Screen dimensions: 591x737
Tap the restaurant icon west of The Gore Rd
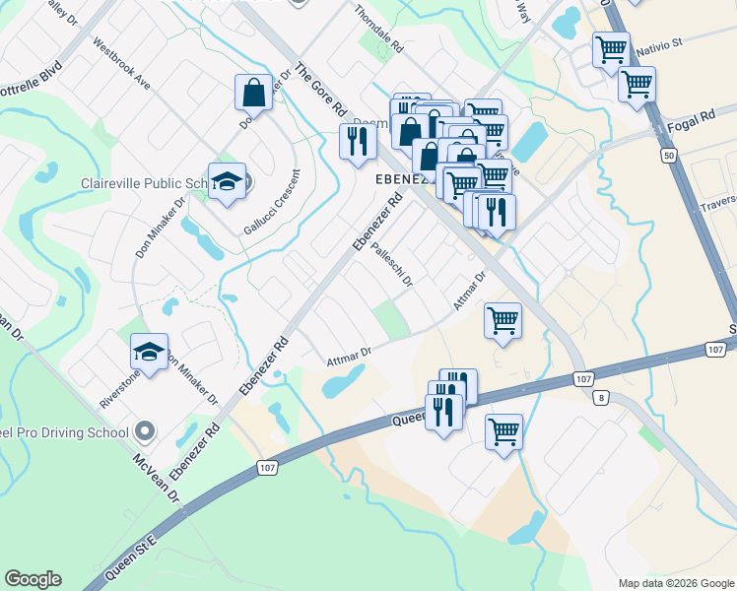[x=356, y=141]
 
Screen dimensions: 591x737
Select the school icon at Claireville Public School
[x=227, y=182]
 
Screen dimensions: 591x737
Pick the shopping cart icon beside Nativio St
[x=611, y=48]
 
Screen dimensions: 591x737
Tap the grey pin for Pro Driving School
[x=145, y=431]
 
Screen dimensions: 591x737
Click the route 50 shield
[x=669, y=156]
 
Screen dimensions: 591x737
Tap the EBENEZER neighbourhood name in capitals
[x=399, y=180]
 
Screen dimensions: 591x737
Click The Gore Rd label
[x=321, y=90]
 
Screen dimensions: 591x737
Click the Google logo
[x=33, y=579]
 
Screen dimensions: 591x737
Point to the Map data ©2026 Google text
[x=674, y=583]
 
